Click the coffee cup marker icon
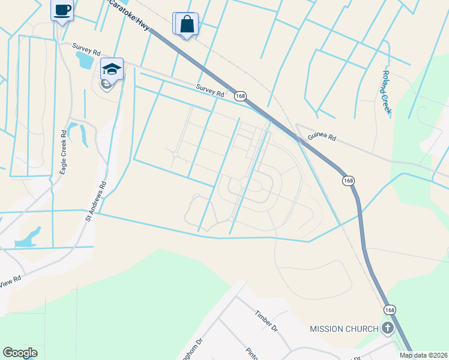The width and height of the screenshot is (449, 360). click(62, 10)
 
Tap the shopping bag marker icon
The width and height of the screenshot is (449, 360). click(187, 25)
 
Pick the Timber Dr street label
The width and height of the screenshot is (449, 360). click(267, 321)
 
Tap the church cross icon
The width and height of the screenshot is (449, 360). click(388, 328)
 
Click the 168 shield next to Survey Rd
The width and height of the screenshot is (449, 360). click(240, 96)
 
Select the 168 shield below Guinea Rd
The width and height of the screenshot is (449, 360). click(348, 180)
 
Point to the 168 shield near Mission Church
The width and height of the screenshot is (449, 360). click(390, 309)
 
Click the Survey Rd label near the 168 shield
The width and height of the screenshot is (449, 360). click(209, 91)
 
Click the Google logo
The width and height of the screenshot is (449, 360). click(20, 353)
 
